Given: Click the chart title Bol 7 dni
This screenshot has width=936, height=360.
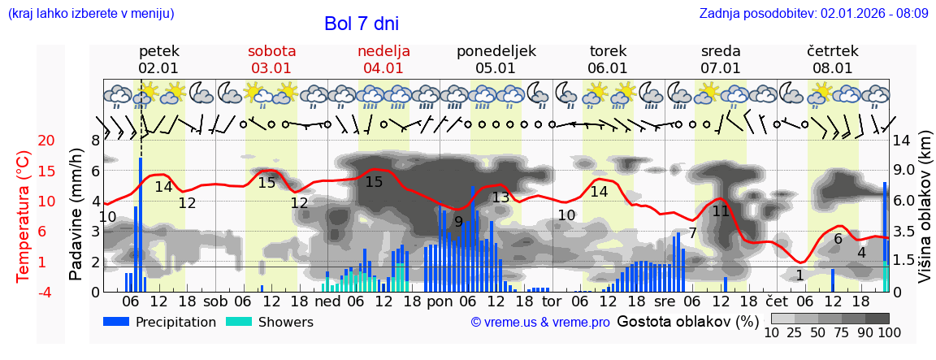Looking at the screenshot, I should point(361,24).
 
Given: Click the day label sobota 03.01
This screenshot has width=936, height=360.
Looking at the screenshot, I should point(271,59).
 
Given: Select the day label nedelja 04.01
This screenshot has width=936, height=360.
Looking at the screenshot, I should point(383,59).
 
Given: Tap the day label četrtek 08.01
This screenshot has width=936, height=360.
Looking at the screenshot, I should point(832,59).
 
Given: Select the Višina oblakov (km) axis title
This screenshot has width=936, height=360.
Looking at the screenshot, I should point(925,214).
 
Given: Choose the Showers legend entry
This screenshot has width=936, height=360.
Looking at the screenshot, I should point(269,322).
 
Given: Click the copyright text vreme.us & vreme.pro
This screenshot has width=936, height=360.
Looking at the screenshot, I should point(539,322).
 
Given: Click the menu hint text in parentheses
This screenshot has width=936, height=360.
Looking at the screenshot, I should point(91,13).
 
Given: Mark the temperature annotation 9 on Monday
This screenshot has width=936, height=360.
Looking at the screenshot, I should point(458,221).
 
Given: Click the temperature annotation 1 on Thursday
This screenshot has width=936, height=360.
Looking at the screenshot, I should point(799,275).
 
